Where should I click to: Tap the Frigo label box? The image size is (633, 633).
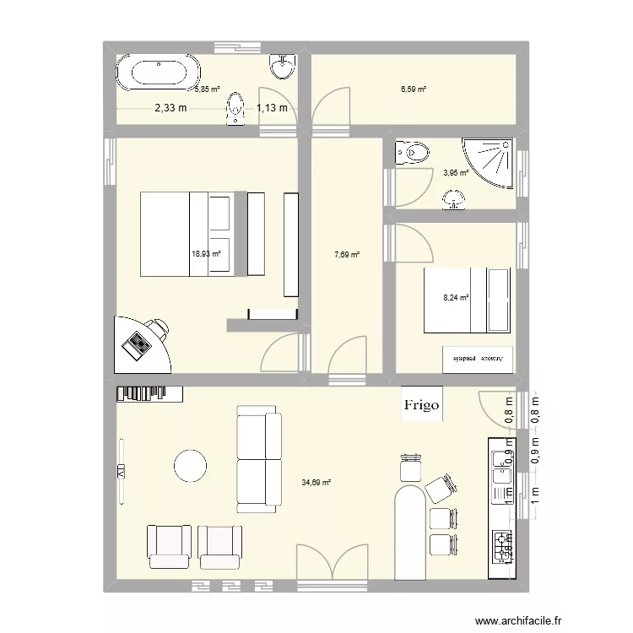pos(421,405)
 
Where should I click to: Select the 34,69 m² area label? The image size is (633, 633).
pos(316,483)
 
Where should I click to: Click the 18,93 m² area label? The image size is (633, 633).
pos(206,252)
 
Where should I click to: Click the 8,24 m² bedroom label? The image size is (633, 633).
pos(457,297)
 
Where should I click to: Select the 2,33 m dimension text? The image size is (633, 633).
pos(170,107)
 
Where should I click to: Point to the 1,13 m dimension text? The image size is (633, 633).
pos(272,107)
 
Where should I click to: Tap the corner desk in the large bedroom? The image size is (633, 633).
pos(140,344)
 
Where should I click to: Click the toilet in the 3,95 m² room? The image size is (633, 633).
pos(412,154)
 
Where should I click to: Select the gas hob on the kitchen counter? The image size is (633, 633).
pos(501,548)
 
